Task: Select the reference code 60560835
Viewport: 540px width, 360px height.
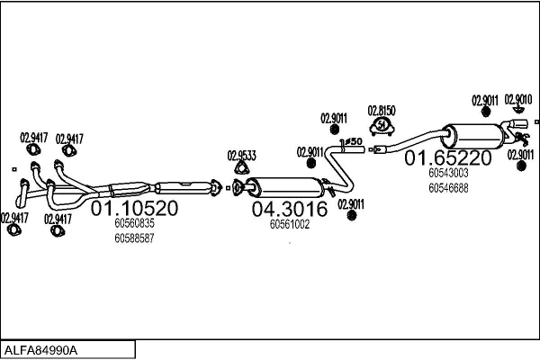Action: (x=134, y=224)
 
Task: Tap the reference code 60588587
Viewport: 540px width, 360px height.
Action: (x=134, y=238)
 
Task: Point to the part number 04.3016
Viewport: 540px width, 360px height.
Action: (x=289, y=210)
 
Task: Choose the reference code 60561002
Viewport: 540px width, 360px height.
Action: (x=289, y=225)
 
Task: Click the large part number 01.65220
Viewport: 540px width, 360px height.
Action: (x=447, y=158)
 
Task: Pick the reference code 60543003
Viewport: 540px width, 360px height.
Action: (x=447, y=173)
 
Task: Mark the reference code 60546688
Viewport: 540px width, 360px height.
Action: (x=447, y=187)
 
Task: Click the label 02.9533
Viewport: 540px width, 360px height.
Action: (x=241, y=155)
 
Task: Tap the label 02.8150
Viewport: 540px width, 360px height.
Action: (x=382, y=110)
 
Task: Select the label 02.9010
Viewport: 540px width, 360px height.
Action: (x=517, y=99)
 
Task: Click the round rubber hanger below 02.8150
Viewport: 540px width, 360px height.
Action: (x=382, y=124)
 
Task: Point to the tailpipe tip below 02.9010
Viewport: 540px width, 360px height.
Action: (x=519, y=124)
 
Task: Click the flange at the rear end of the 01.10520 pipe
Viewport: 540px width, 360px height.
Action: (x=216, y=187)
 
